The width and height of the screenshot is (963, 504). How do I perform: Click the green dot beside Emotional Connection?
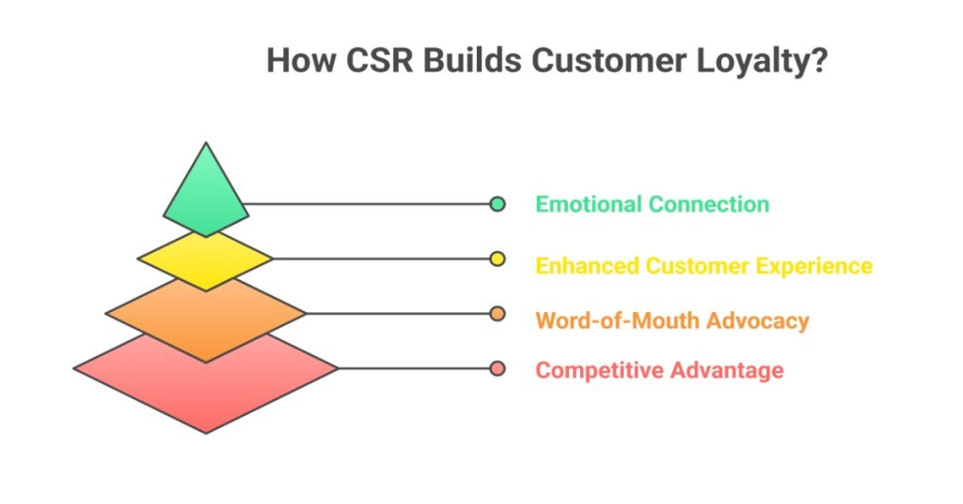(x=497, y=204)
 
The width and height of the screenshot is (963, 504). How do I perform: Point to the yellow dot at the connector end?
(x=497, y=259)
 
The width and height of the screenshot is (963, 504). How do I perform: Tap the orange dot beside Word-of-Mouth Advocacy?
(x=497, y=313)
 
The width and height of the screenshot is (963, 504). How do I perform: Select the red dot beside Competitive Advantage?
(x=497, y=369)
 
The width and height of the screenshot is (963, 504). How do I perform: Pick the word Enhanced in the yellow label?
(x=587, y=266)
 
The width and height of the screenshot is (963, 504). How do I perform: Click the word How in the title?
(x=295, y=60)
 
